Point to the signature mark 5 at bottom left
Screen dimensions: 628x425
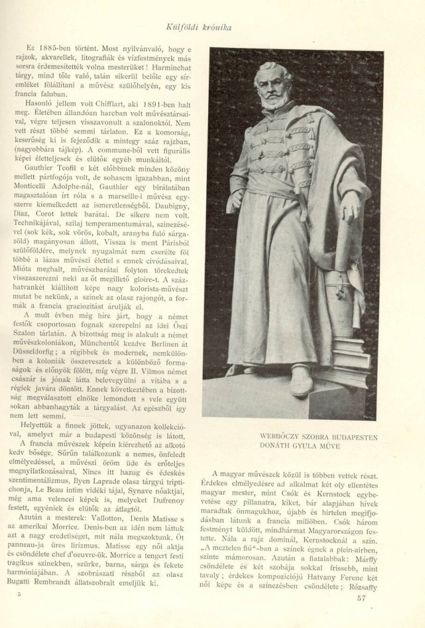(x=21, y=593)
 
